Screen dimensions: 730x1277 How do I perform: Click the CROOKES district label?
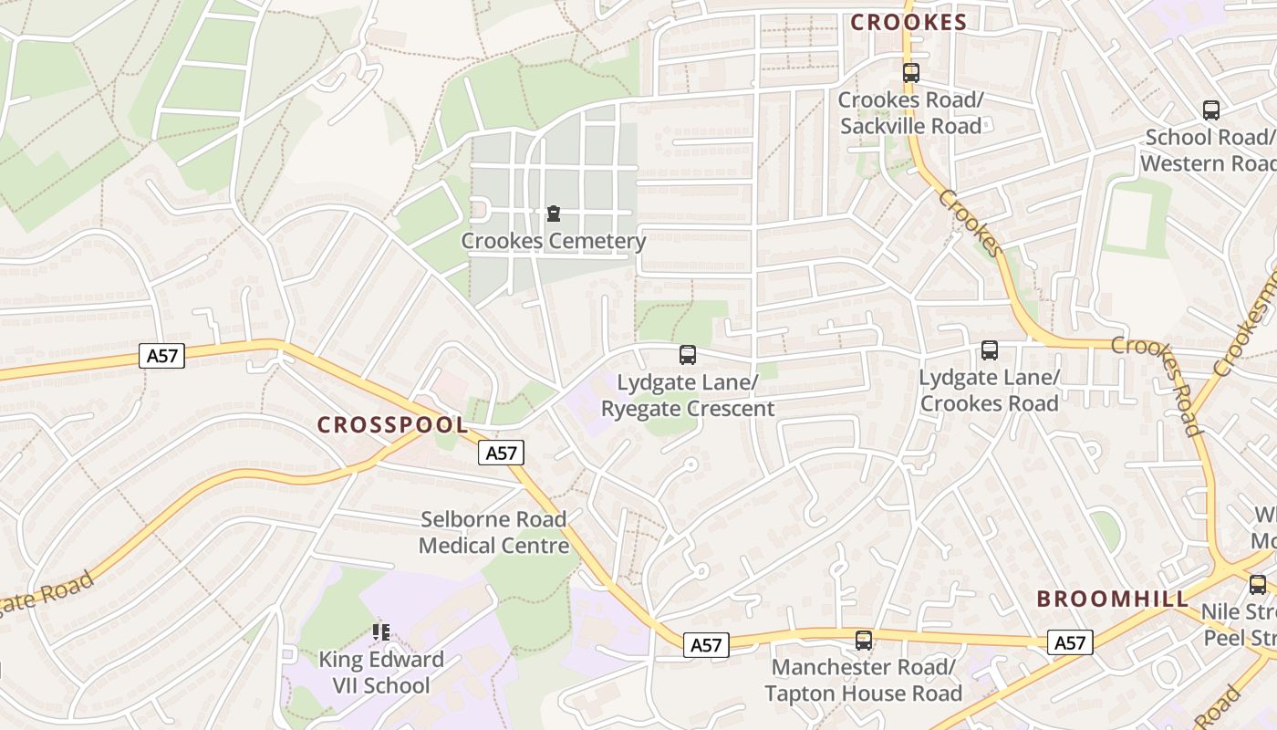point(908,23)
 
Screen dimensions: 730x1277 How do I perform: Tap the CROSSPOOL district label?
point(392,424)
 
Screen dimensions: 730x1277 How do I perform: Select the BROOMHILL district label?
point(1114,600)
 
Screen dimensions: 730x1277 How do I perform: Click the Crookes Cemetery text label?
point(554,242)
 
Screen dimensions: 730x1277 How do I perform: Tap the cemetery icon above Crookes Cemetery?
point(553,214)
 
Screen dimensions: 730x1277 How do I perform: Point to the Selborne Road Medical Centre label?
point(493,533)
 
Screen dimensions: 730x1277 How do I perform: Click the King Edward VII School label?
point(380,673)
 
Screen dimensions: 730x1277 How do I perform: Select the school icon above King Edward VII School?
point(381,631)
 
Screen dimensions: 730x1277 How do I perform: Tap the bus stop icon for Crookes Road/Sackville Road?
point(910,73)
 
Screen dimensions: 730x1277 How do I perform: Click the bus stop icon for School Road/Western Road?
point(1211,110)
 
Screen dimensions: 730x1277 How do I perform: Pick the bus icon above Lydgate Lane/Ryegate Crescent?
point(688,355)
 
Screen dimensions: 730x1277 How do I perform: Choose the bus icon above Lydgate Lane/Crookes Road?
point(990,350)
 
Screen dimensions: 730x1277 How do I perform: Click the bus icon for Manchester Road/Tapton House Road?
point(864,641)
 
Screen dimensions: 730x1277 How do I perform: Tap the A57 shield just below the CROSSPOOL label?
point(501,452)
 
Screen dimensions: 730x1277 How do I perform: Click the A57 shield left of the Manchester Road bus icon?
point(706,645)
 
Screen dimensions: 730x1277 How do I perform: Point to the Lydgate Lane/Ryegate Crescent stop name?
point(688,394)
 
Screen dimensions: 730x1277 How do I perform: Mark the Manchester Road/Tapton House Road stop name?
point(863,681)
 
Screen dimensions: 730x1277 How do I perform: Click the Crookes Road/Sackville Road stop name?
point(910,113)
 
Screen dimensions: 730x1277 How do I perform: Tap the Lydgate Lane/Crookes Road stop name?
point(990,391)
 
